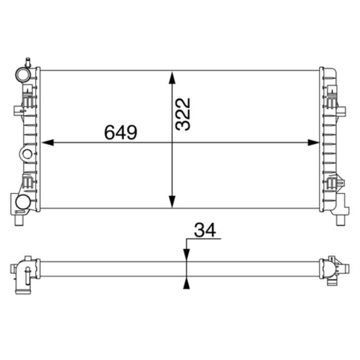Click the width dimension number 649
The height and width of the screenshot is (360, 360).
click(x=120, y=132)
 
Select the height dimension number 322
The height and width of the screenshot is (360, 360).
click(x=184, y=114)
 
